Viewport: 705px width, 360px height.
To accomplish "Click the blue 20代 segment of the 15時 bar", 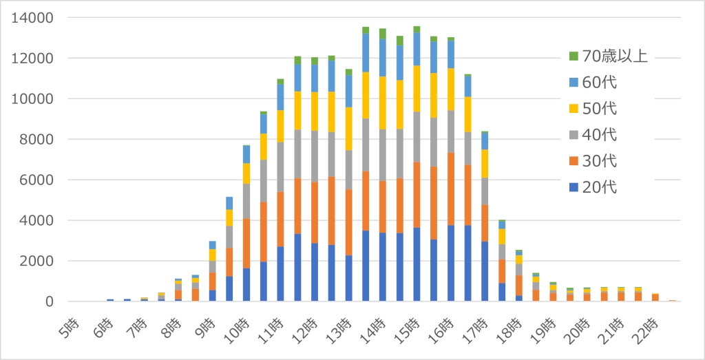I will click(x=417, y=265).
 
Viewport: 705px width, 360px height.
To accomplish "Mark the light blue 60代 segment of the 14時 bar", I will click(x=383, y=58).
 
